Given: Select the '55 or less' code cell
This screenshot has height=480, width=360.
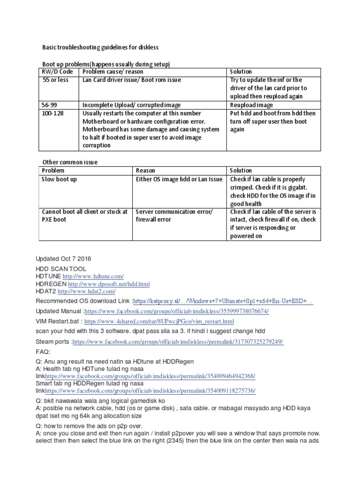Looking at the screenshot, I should coord(55,80).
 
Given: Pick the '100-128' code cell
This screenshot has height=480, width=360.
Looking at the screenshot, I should coord(53,113).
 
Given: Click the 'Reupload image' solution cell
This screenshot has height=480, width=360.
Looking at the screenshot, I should coord(251,105).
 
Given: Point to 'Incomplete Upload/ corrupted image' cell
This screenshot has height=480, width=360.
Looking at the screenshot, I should coord(132,105).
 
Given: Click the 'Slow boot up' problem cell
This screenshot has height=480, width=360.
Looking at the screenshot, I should coord(60,179).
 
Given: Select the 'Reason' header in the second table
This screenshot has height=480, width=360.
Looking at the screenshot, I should coord(145,171).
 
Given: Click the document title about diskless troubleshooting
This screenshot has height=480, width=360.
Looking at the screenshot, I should coord(100,47).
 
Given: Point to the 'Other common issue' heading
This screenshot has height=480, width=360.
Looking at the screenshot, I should coord(70,162).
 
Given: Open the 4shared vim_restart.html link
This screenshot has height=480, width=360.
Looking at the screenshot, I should coord(159,322).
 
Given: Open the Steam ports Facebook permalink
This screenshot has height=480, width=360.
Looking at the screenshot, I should coord(178,342).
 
